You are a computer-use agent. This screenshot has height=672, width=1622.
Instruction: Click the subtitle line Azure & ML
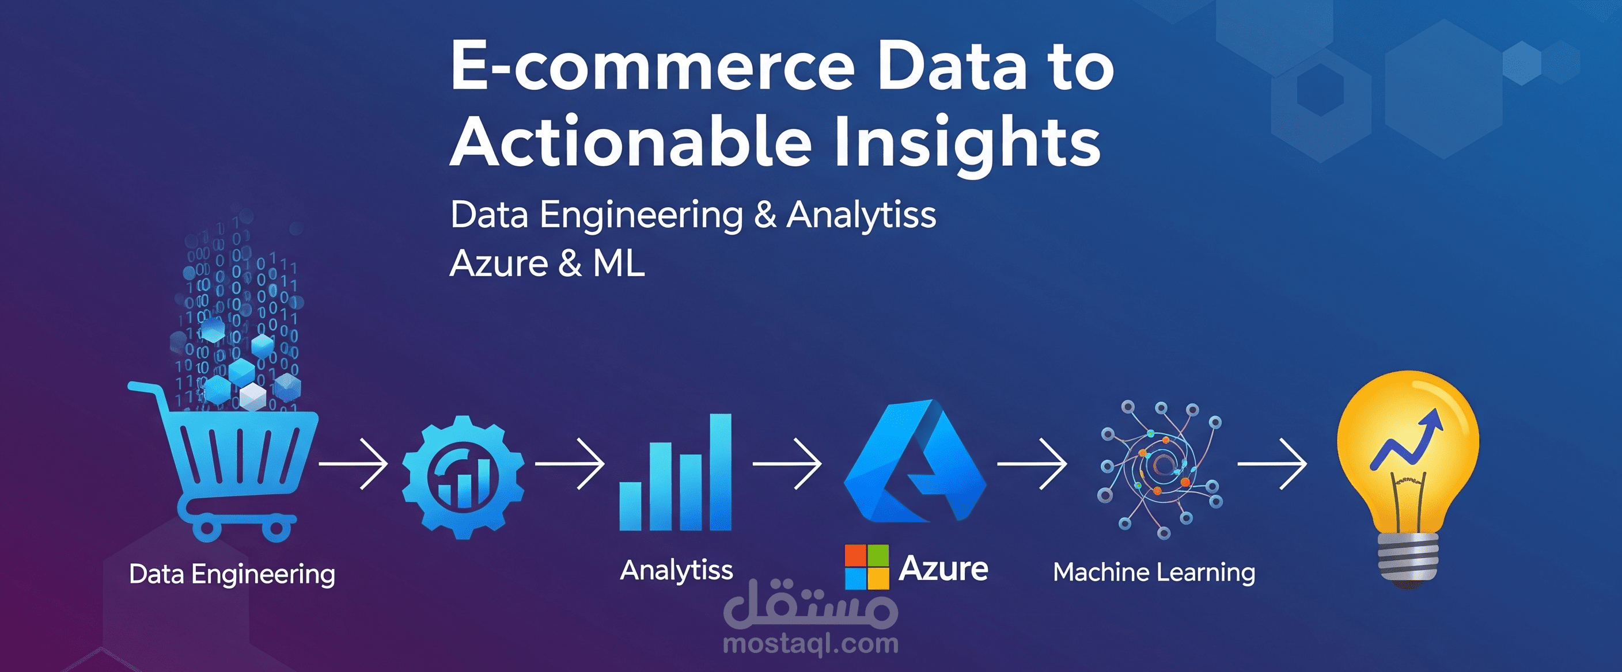click(547, 263)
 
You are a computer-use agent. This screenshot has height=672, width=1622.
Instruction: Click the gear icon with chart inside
click(463, 477)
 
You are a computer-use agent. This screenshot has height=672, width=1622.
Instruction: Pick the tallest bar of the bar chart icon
click(721, 472)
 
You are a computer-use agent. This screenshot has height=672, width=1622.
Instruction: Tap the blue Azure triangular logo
click(914, 463)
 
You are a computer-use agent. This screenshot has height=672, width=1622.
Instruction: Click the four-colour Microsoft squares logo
click(866, 567)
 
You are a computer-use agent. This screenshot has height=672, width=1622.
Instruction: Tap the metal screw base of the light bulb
click(1408, 559)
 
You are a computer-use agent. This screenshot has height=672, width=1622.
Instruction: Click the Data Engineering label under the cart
click(232, 574)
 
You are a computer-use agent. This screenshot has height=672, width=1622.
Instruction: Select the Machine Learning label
click(1154, 572)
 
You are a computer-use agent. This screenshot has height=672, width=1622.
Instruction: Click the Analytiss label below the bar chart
click(676, 570)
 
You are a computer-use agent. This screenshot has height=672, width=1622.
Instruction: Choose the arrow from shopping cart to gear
click(354, 464)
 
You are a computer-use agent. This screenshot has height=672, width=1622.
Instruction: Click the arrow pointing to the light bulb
click(1272, 464)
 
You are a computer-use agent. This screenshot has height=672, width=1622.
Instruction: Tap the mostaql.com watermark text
click(811, 644)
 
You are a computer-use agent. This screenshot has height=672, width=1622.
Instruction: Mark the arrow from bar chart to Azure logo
click(787, 464)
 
